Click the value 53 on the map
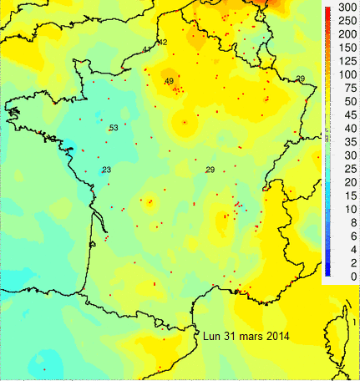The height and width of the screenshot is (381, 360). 113,128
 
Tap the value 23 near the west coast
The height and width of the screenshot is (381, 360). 106,170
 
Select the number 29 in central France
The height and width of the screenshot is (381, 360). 210,170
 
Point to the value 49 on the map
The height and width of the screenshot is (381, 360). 169,81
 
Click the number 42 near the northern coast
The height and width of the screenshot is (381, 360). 162,43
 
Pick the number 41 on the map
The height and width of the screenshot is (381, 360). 147,50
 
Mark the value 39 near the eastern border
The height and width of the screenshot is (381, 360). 300,79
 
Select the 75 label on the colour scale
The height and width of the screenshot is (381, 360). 341,88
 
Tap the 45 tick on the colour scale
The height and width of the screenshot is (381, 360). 341,128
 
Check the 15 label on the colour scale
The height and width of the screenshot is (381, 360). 341,196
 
